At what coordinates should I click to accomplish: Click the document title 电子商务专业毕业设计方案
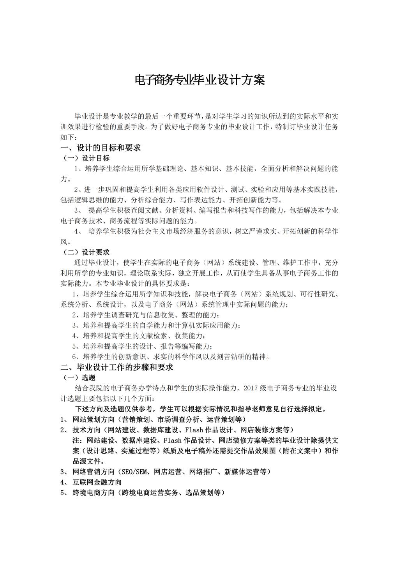click(199, 80)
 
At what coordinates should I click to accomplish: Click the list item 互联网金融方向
click(97, 482)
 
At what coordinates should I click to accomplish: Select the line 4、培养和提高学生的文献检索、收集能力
click(138, 335)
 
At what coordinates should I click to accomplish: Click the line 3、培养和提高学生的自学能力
click(156, 325)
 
